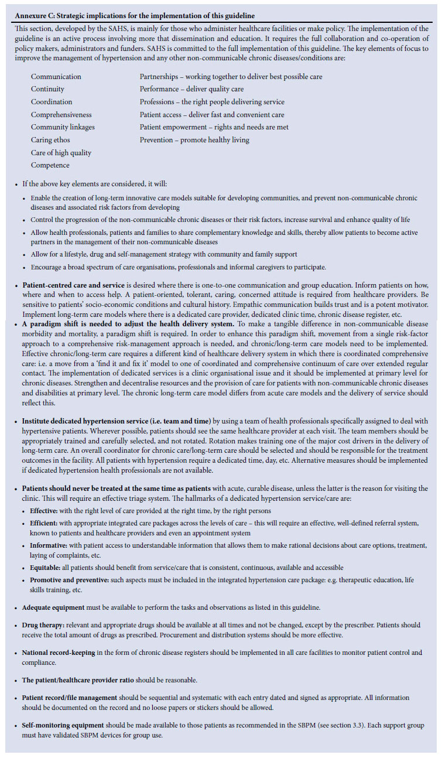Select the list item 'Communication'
point(56,77)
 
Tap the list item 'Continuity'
point(47,89)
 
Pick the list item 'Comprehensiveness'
point(61,115)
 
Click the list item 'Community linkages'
point(63,127)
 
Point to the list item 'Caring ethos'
point(50,140)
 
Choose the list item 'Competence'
point(50,165)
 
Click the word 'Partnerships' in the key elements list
point(159,77)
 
